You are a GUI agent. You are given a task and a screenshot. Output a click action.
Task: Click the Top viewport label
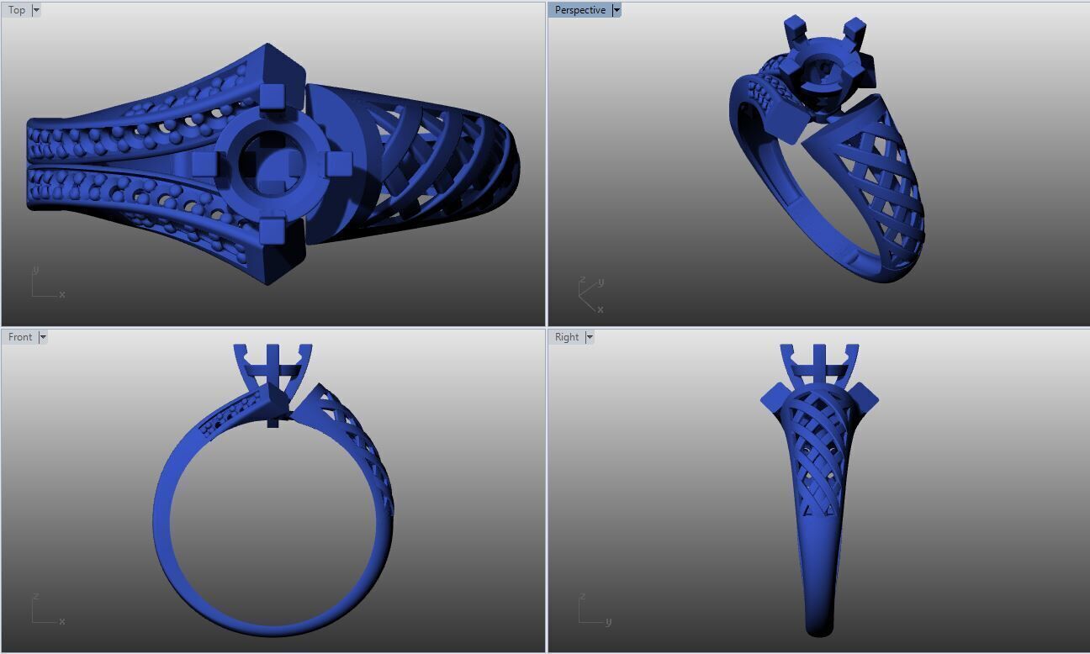pyautogui.click(x=17, y=10)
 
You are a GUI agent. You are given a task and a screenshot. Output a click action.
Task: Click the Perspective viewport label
pyautogui.click(x=579, y=10)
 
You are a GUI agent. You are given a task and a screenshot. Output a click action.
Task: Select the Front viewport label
pyautogui.click(x=20, y=337)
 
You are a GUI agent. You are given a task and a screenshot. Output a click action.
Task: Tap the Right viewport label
pyautogui.click(x=566, y=337)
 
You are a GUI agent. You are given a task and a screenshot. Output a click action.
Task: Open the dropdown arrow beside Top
pyautogui.click(x=36, y=10)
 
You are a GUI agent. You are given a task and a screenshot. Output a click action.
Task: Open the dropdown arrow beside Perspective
pyautogui.click(x=616, y=10)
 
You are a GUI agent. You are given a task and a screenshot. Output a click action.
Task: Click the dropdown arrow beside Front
pyautogui.click(x=43, y=337)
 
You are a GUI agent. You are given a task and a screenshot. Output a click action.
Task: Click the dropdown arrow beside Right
pyautogui.click(x=590, y=337)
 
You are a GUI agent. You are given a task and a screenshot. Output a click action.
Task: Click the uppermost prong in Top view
pyautogui.click(x=272, y=97)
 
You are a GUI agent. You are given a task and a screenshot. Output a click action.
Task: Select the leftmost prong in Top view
pyautogui.click(x=204, y=163)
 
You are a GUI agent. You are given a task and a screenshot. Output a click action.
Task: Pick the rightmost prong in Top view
pyautogui.click(x=337, y=163)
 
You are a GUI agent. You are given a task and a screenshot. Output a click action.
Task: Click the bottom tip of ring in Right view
pyautogui.click(x=818, y=630)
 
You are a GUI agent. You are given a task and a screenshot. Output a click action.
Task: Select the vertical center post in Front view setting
pyautogui.click(x=272, y=382)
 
